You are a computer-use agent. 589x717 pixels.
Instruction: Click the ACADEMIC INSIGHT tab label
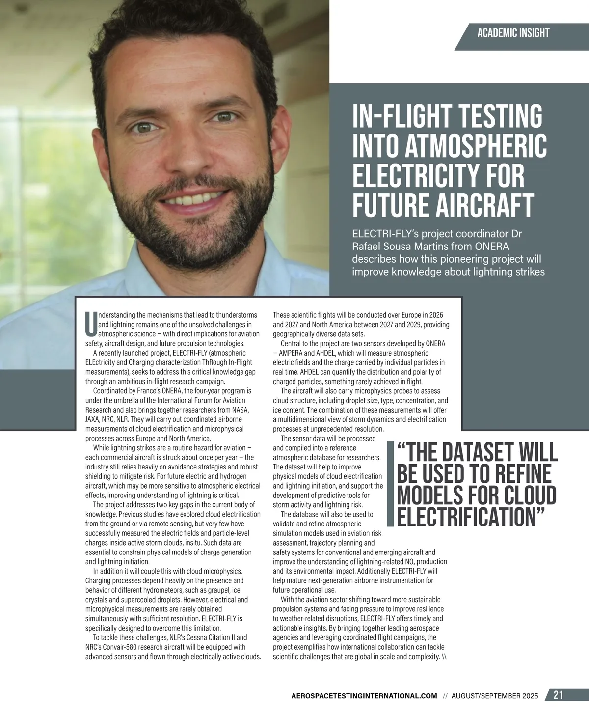click(x=513, y=33)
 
